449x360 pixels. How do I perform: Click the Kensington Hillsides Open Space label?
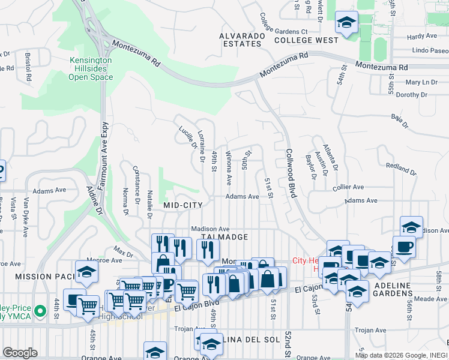pos(91,69)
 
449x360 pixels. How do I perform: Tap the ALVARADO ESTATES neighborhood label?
pos(242,40)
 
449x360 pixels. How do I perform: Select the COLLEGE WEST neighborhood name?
pos(306,40)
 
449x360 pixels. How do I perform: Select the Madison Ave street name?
pos(211,229)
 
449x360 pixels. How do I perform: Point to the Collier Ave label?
pos(348,187)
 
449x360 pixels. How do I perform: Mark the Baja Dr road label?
pos(399,121)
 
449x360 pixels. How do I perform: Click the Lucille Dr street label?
pos(187,137)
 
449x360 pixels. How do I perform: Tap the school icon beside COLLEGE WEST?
pos(345,23)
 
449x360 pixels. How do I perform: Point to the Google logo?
pos(20,353)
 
